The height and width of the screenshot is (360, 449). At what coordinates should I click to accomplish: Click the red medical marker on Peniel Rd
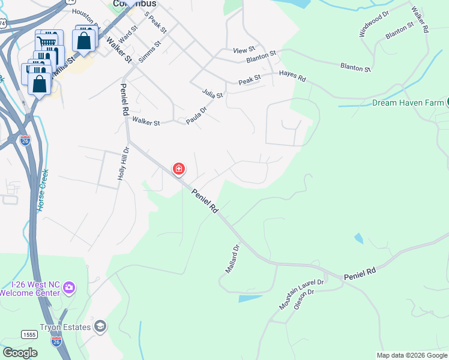(178, 169)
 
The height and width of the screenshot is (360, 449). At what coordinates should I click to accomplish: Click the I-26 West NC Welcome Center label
(30, 289)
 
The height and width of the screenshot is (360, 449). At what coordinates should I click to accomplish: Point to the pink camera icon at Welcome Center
(69, 288)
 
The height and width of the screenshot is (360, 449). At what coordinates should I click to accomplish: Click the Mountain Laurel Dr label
(301, 295)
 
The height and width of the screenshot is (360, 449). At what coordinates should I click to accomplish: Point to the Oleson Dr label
(304, 299)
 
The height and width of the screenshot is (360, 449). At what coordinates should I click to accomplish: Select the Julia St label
(212, 94)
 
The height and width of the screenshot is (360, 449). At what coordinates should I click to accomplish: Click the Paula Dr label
(196, 116)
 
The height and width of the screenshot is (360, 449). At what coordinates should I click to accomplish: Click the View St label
(244, 49)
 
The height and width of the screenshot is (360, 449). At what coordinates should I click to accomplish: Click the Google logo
(19, 353)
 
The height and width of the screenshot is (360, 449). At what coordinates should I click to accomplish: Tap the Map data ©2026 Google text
(411, 355)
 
